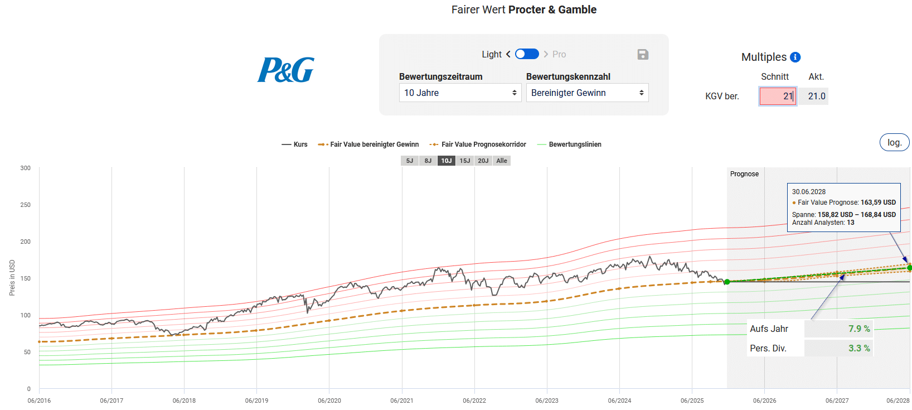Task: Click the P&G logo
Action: pos(285,70)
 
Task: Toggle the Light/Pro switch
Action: pos(527,54)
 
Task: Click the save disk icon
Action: pos(643,54)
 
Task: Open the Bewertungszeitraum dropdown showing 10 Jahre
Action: pos(460,93)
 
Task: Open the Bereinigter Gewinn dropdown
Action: pos(587,93)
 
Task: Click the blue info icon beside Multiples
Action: pos(795,57)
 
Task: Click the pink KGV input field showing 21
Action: pos(778,96)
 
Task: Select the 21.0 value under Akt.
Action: pos(817,96)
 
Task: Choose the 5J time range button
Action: pos(410,161)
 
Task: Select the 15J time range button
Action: pos(465,161)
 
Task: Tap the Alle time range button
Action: pos(502,161)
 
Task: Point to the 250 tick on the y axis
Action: pos(26,205)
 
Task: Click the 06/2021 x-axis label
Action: pos(402,401)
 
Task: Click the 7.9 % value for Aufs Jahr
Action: pos(859,329)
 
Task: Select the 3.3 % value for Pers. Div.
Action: pos(859,348)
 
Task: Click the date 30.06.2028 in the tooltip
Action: pos(809,192)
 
